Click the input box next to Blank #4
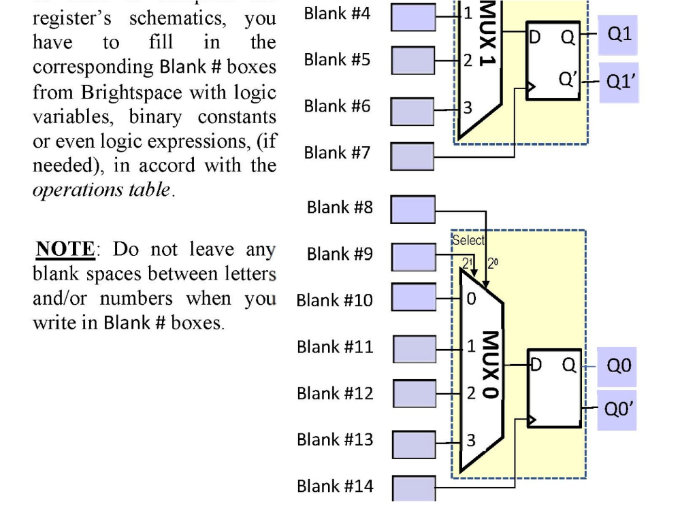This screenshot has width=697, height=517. [412, 18]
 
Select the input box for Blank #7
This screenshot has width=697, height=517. [412, 156]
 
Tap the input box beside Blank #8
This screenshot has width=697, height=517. [412, 209]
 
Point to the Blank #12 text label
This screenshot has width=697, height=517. [335, 393]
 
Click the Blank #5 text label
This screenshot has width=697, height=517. [338, 60]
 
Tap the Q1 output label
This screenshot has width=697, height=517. [619, 35]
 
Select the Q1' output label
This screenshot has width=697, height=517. [619, 82]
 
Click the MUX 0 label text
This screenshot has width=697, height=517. [489, 364]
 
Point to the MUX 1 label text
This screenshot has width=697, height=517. [487, 34]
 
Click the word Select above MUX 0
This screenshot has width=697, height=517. [468, 240]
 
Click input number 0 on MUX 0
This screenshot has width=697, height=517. [471, 299]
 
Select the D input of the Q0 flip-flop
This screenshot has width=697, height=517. [536, 366]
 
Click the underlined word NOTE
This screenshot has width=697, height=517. [64, 249]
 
